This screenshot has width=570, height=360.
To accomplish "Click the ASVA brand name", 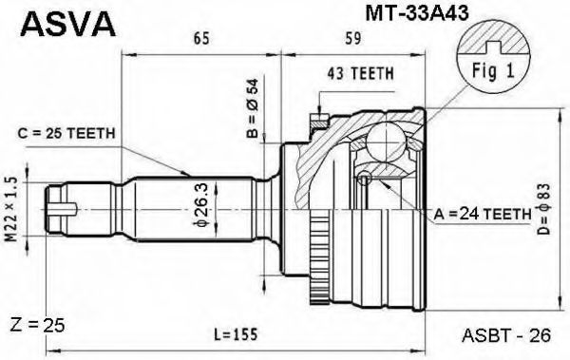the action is (x=68, y=24).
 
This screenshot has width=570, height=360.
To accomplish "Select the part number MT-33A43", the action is (x=417, y=14).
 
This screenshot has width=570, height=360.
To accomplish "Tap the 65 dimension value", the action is (x=201, y=38).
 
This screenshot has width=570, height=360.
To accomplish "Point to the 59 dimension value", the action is (x=352, y=38).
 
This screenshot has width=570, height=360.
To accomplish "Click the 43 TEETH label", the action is (x=361, y=73).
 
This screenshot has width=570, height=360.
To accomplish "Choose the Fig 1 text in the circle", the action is (x=493, y=70).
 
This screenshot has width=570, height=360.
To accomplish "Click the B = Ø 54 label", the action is (x=252, y=108).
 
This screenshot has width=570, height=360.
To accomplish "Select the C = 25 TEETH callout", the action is (x=66, y=133).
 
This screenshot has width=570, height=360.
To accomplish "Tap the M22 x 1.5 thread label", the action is (x=11, y=210).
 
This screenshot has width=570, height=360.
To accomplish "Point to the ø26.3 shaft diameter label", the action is (x=201, y=205).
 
